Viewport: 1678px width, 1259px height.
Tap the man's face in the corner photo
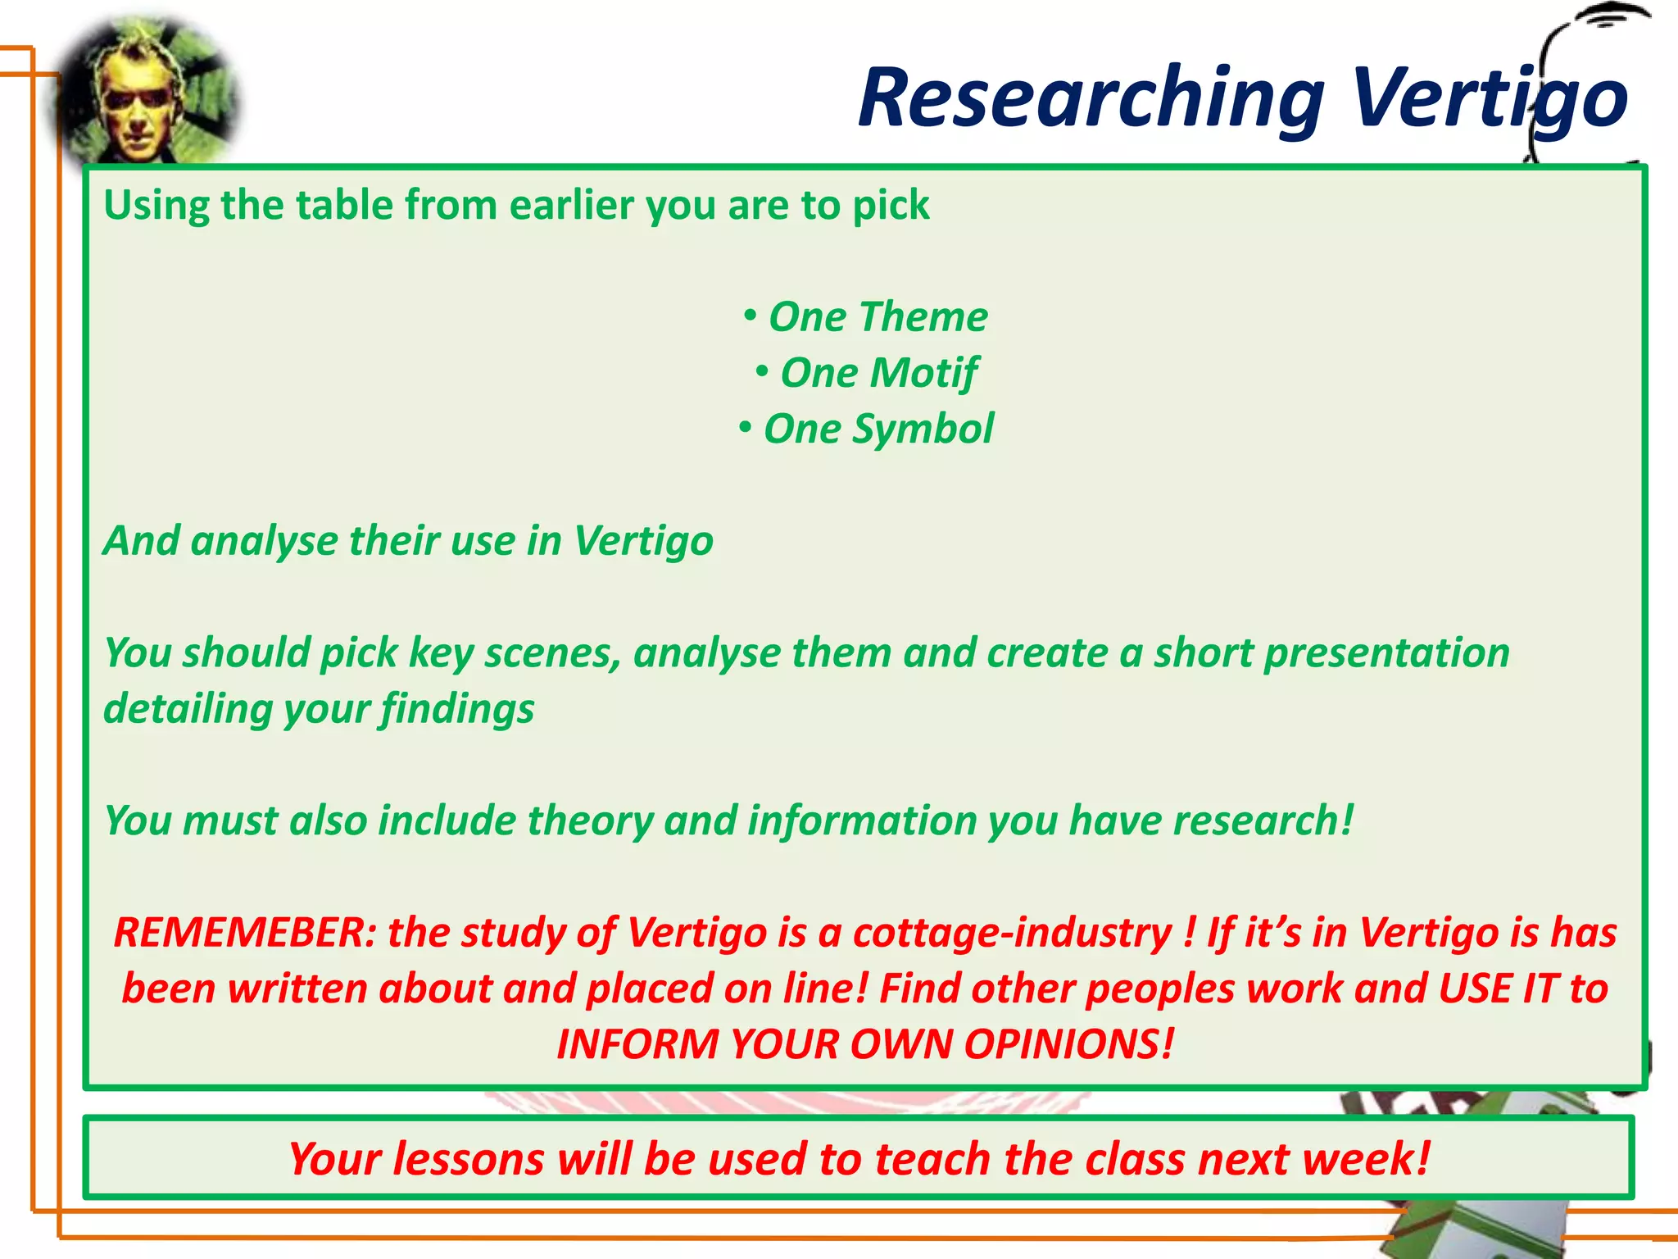(136, 102)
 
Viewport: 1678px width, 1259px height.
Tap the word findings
(457, 709)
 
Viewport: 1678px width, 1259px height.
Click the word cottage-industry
(1013, 933)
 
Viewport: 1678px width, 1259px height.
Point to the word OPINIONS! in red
(1068, 1044)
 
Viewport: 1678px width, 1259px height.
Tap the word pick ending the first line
(891, 205)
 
